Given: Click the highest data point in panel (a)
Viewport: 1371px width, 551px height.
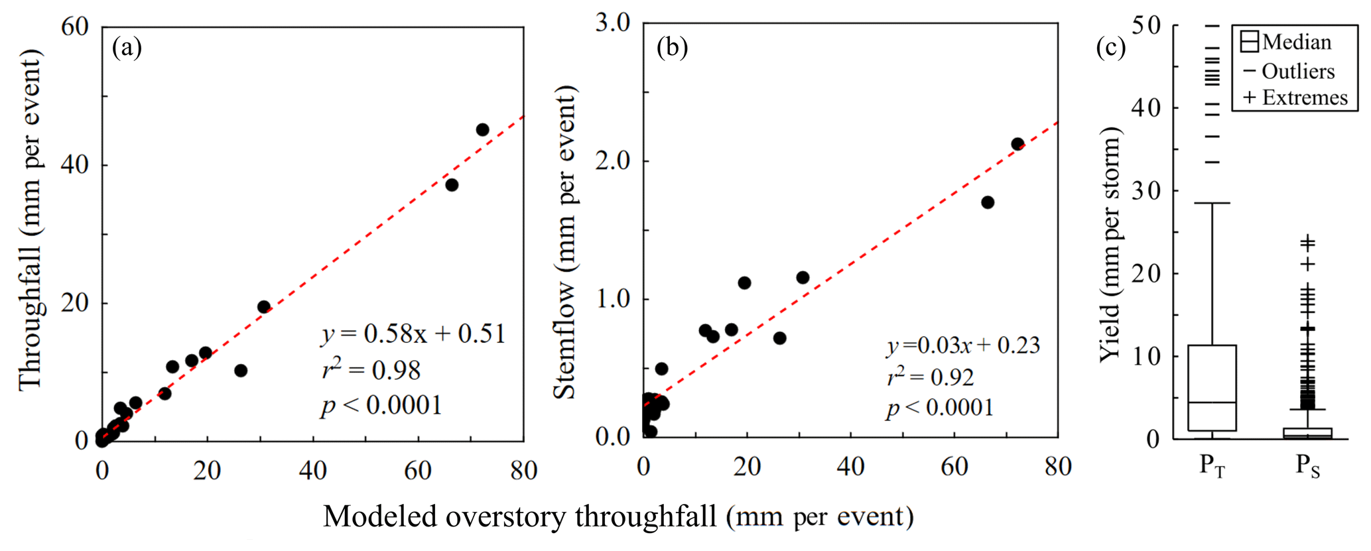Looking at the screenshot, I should [482, 130].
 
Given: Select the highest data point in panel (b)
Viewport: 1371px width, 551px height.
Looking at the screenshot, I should [1017, 144].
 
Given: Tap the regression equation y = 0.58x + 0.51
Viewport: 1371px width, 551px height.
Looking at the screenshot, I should [414, 334].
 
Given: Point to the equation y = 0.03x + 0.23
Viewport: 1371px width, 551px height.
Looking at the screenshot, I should [963, 345].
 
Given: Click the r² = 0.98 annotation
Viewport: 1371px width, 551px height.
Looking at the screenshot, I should [371, 369].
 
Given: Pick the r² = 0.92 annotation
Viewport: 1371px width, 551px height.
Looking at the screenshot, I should [931, 377].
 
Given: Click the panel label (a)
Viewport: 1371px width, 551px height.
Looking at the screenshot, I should [127, 48].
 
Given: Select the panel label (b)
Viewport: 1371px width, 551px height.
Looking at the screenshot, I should [671, 48].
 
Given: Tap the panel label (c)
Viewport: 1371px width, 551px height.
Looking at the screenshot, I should [1110, 48].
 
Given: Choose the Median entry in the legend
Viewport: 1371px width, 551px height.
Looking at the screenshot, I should [1285, 42].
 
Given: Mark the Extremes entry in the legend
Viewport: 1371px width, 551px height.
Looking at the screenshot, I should [1295, 97].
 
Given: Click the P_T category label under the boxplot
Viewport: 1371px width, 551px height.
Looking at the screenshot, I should [1212, 466].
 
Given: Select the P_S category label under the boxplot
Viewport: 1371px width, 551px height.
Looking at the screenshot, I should [1307, 466].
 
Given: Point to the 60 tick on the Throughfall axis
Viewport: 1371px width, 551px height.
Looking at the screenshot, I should [74, 27].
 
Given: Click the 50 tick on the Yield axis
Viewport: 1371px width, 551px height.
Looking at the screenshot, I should [1146, 25].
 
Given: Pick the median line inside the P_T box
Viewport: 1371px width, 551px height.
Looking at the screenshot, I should [1212, 402].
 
